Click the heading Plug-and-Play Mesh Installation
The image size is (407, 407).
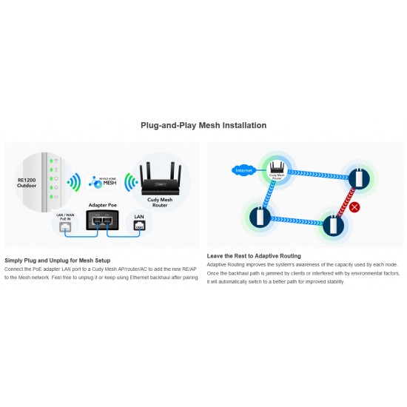click(203, 125)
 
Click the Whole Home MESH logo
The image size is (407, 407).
click(103, 180)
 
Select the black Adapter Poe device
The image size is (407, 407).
click(101, 220)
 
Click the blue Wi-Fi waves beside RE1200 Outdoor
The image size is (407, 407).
click(73, 182)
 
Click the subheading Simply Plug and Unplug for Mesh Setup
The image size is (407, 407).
click(58, 260)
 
